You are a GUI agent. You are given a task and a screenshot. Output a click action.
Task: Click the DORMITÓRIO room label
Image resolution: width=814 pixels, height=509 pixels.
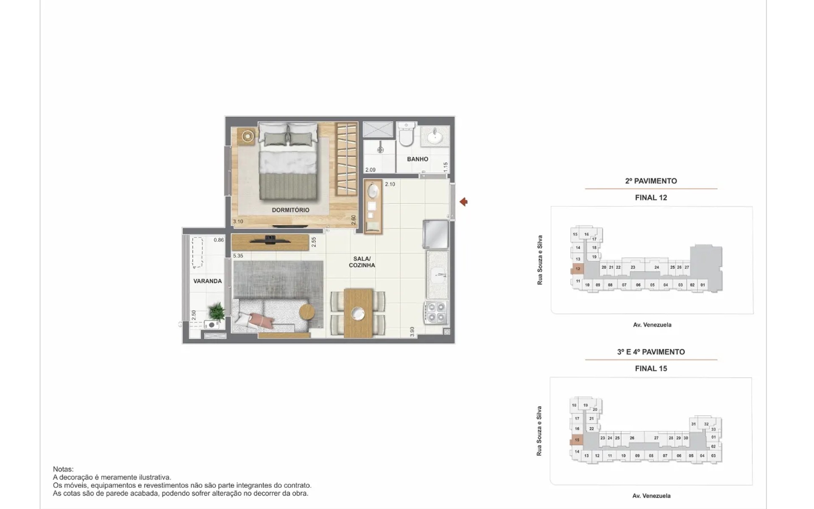[290, 210]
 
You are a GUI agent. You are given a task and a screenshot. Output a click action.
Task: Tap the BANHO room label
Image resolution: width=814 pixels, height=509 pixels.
[418, 159]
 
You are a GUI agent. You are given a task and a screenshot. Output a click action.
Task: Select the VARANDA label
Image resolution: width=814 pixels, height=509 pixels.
[208, 281]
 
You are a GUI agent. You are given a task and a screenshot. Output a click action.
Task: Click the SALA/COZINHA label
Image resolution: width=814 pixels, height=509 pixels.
[362, 262]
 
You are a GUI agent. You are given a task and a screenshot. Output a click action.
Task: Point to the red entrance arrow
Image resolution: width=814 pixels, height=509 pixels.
[463, 202]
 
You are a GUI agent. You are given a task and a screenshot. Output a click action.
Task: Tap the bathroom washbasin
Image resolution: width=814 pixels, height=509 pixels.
[435, 137]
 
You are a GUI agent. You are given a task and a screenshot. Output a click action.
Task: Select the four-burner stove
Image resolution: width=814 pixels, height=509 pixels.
[436, 313]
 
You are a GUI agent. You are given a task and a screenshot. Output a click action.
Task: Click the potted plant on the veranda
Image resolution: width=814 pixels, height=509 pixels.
[217, 311]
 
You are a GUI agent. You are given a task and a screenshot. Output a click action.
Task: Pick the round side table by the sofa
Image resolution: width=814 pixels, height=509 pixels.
[307, 313]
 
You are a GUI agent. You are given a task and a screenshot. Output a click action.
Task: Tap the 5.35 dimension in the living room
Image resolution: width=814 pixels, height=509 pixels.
[238, 256]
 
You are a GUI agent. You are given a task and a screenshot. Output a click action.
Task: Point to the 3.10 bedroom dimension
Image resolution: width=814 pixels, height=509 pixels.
[238, 221]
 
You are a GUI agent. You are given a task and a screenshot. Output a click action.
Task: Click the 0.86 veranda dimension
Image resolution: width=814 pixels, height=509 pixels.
[219, 240]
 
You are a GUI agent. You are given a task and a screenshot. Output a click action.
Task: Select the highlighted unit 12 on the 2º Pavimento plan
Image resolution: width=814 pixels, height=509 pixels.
[578, 269]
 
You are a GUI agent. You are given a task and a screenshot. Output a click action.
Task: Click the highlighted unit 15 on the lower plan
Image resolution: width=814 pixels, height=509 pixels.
[577, 440]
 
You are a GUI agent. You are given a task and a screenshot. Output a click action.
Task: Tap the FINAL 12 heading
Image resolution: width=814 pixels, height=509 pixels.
[651, 198]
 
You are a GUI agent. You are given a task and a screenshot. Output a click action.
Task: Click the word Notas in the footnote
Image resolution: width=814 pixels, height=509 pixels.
[63, 469]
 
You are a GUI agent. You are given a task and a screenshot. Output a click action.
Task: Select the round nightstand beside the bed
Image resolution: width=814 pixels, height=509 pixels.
[248, 136]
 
